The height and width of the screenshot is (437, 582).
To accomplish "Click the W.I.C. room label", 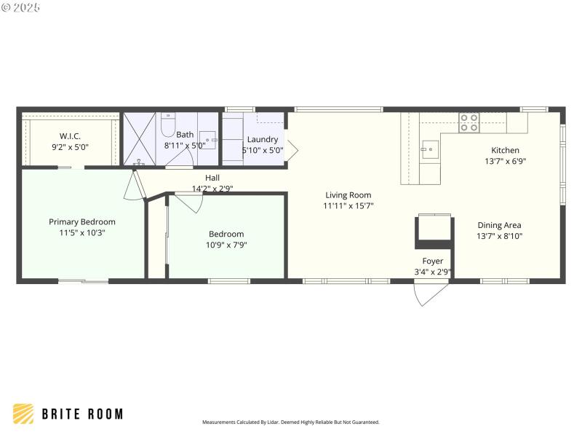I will [70, 135].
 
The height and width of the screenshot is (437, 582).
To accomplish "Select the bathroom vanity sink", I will [207, 139].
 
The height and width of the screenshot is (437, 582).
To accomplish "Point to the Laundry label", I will [262, 139].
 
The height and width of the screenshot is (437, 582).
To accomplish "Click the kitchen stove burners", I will [469, 122].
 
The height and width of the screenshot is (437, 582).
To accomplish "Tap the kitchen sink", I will [430, 150].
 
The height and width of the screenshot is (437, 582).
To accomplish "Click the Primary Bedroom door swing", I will [134, 188].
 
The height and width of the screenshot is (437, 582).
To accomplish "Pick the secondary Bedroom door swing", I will [188, 202].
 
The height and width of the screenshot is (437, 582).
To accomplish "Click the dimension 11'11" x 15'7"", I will [348, 206].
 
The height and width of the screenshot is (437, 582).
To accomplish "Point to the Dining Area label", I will [499, 225].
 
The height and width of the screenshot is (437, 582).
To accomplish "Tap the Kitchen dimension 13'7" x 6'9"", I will [505, 162].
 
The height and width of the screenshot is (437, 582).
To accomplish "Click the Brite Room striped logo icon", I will [23, 414].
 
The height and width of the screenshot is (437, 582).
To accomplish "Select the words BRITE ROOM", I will [81, 414].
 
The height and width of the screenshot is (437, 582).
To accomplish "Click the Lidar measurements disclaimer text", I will [290, 422].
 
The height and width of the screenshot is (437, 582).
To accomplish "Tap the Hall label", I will [212, 178].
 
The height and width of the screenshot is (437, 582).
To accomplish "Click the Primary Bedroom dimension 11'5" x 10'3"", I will [82, 233].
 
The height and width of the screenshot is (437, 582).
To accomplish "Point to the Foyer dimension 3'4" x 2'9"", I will [433, 272].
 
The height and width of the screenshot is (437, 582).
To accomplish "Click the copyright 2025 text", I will [21, 7].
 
